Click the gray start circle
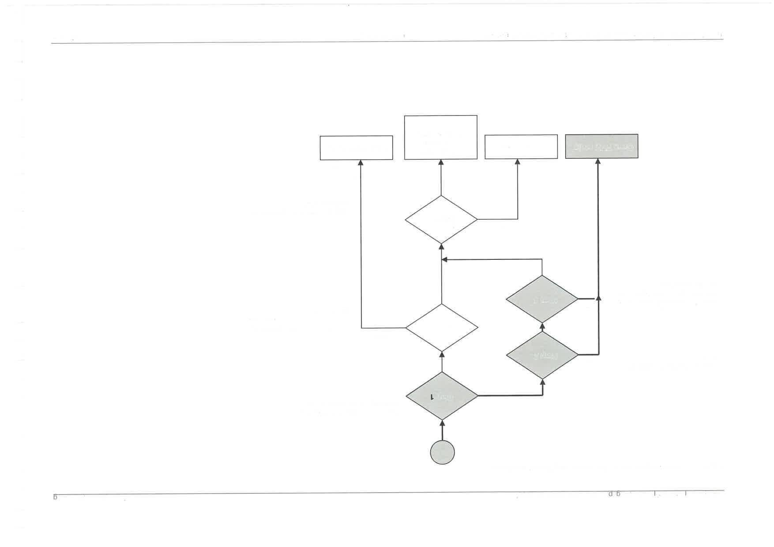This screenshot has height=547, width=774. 442,452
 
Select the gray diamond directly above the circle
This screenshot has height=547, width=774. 442,396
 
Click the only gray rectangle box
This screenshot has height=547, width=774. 601,146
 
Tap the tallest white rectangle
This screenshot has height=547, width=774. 441,137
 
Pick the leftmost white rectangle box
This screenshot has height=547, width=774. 356,148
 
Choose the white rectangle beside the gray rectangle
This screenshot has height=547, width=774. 521,147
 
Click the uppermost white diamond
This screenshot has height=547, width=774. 441,219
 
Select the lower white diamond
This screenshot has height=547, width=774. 442,328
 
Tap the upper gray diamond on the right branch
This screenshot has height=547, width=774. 542,299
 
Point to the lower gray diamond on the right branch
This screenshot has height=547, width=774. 542,355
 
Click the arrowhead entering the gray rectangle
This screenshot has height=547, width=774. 598,161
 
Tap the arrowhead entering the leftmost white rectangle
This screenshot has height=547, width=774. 361,163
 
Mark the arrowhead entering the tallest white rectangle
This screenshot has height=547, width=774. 441,162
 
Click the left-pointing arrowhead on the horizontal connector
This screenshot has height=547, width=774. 445,260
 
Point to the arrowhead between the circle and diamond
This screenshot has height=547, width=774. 442,423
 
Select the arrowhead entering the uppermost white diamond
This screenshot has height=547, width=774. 441,246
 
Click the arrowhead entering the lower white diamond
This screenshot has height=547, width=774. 442,354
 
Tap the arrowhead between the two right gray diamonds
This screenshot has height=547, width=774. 542,326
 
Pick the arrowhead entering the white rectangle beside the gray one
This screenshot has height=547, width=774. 518,162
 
